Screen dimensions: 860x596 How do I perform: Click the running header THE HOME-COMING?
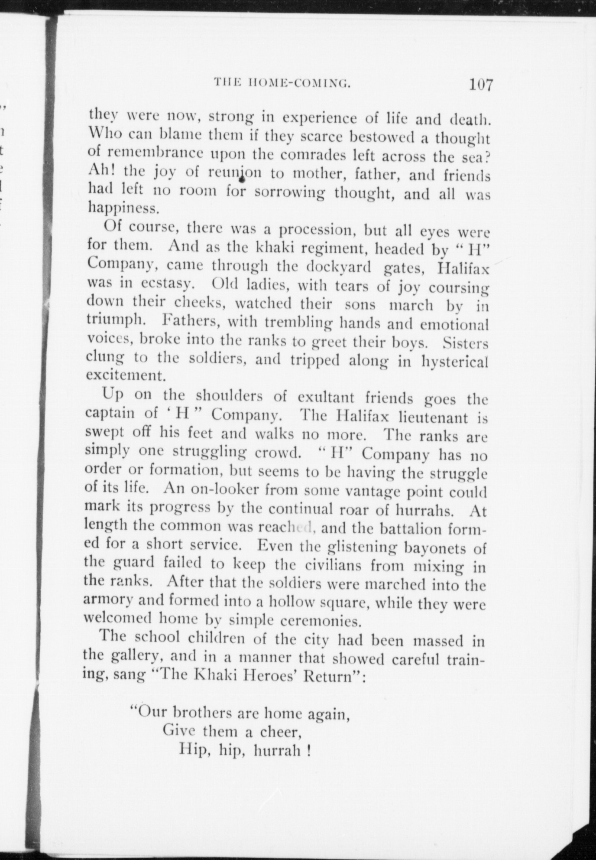coord(282,82)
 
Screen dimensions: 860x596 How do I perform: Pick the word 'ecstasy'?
coord(167,284)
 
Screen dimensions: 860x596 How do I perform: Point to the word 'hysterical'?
coord(455,361)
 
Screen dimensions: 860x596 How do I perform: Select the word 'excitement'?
coord(126,375)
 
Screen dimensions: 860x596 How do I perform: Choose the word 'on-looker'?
coord(225,490)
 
